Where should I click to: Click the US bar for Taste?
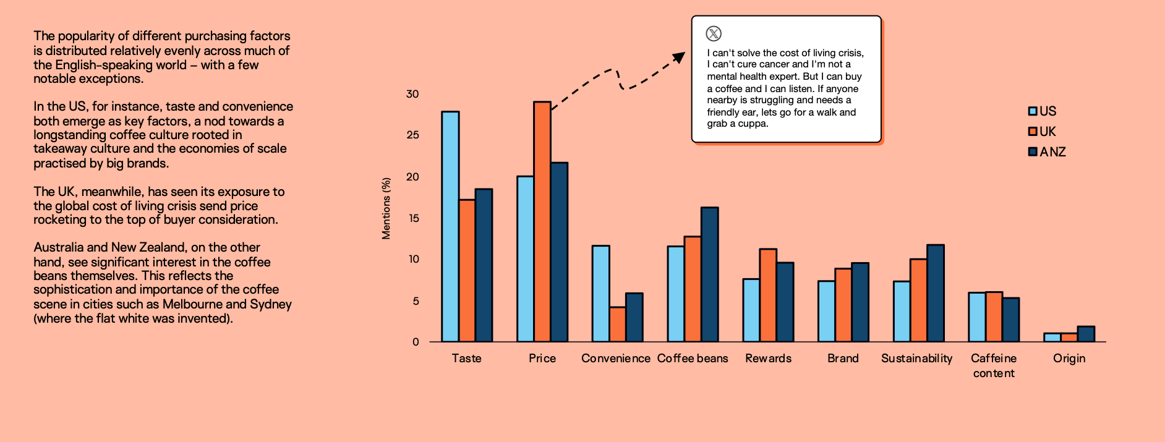point(450,226)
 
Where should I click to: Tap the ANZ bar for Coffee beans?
point(709,274)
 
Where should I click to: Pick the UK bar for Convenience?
point(617,324)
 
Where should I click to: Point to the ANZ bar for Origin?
point(1085,334)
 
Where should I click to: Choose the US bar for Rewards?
point(751,310)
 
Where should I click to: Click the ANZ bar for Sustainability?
point(935,293)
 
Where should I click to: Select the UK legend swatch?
point(1032,132)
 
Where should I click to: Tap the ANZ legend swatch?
point(1032,152)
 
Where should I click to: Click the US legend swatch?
point(1032,111)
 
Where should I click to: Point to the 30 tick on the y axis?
point(412,94)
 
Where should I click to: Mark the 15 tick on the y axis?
point(413,218)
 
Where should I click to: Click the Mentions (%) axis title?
point(386,208)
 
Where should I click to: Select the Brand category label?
point(843,359)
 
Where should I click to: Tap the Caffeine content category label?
point(994,365)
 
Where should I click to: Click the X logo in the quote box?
point(714,33)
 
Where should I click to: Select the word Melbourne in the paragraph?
point(192,304)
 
